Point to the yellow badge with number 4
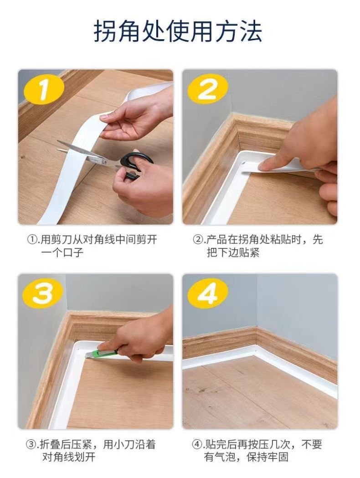[208, 293]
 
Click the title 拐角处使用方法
[178, 31]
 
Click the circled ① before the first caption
[32, 240]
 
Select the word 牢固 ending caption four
[278, 457]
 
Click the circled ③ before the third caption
[31, 444]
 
